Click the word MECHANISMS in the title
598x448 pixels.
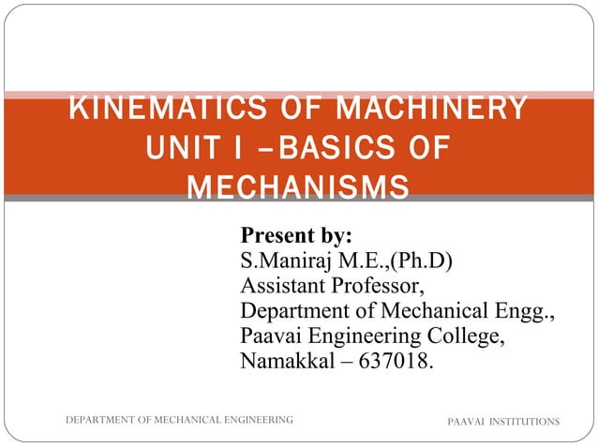[x=298, y=187]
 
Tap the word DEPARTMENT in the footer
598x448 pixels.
[x=97, y=422]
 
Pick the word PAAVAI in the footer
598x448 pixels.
[x=466, y=423]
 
